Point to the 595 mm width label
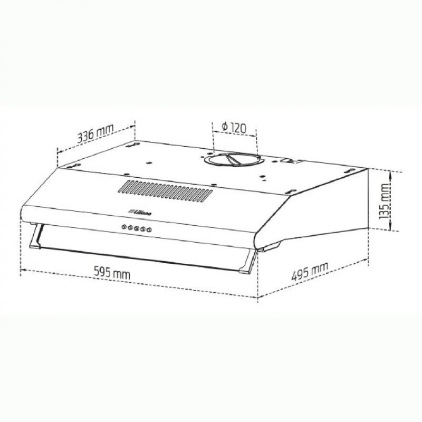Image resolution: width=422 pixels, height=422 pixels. coord(112,273)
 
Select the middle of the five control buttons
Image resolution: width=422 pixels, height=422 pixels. coord(136,228)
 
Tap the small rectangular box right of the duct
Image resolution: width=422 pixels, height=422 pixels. coord(291,160)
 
